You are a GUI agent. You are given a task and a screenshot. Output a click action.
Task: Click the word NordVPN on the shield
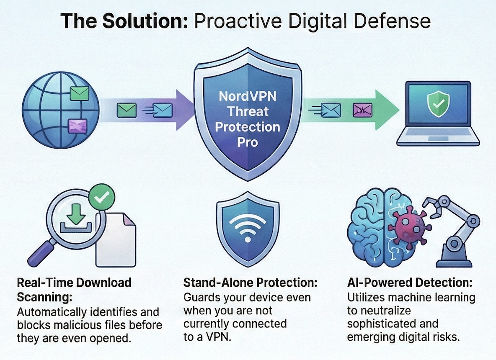[248, 96]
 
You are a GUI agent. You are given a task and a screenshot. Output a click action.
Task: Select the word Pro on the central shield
[248, 142]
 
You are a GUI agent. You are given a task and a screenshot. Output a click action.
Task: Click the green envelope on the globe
[79, 93]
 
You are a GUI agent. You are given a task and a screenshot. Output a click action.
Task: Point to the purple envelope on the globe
[77, 126]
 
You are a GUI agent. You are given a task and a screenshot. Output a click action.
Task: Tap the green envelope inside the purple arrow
[127, 111]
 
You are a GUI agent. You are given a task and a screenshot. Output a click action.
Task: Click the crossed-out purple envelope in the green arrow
[362, 111]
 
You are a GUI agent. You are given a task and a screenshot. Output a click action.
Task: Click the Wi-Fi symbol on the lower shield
[248, 226]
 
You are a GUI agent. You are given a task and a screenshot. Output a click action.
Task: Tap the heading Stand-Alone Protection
[250, 283]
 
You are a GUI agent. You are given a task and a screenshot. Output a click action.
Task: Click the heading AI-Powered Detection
[410, 283]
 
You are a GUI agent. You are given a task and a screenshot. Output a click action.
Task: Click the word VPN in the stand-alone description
[219, 337]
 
